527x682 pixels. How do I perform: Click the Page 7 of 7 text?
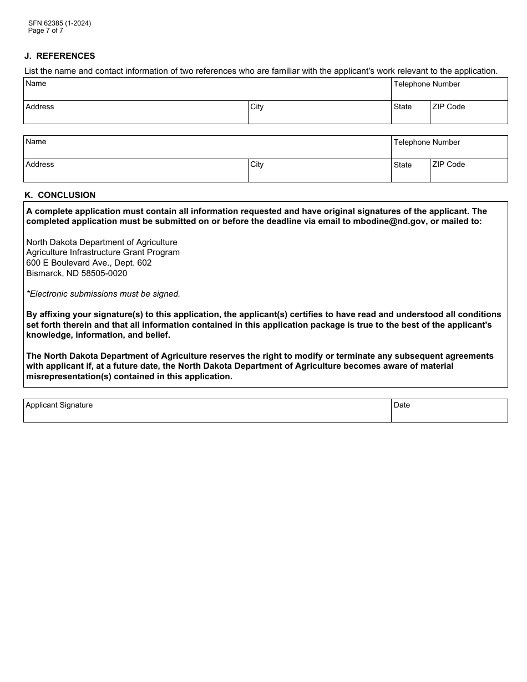click(x=45, y=30)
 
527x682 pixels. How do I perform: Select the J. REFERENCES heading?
click(x=59, y=56)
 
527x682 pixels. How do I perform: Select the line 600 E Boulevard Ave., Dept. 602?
click(x=89, y=263)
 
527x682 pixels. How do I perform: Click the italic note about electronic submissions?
click(x=103, y=294)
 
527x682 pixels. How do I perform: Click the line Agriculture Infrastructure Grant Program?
click(x=103, y=252)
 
